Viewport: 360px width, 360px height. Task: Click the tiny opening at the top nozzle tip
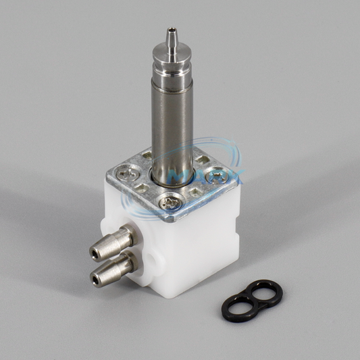click(x=172, y=29)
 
